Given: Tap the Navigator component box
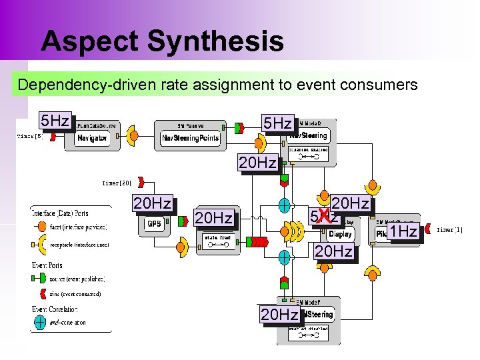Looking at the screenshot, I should tap(92, 137).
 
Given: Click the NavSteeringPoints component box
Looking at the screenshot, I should tap(191, 138).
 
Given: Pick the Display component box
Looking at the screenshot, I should tap(341, 234).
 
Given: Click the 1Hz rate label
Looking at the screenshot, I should tap(403, 231).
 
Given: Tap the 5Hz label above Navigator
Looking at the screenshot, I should tap(55, 121).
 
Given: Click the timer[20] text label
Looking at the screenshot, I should tap(116, 182).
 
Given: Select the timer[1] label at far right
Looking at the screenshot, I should tap(449, 230).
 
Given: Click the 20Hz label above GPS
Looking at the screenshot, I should tap(153, 203).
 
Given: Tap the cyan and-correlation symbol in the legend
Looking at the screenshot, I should tap(41, 322).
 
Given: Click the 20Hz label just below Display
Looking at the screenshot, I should tap(333, 251).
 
